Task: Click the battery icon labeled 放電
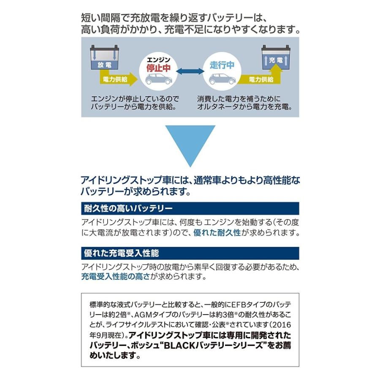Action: (x=104, y=59)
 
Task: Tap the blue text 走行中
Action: (x=222, y=65)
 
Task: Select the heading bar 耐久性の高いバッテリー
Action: (x=190, y=208)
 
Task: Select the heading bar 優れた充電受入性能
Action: (x=190, y=253)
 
